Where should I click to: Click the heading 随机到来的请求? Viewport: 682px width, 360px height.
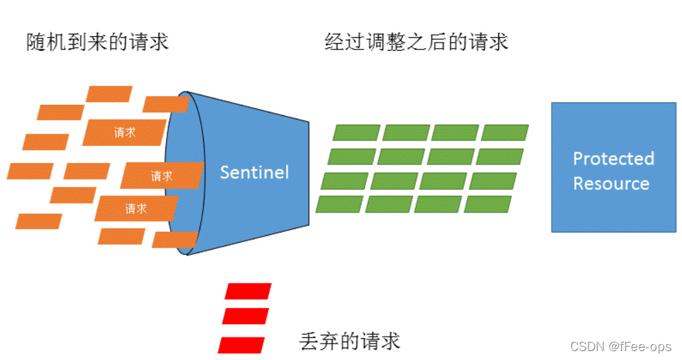(x=97, y=42)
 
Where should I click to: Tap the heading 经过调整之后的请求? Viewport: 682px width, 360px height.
(x=416, y=42)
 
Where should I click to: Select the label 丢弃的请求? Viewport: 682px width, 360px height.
(x=350, y=341)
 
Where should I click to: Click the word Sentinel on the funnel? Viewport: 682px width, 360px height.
(x=254, y=171)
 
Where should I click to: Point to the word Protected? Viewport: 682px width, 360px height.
(x=613, y=159)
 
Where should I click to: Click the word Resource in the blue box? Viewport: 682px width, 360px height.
(x=611, y=184)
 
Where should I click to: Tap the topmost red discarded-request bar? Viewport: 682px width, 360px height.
(x=248, y=291)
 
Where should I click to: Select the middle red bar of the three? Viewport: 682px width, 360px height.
(x=245, y=316)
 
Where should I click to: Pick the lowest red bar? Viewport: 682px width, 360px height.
(x=242, y=344)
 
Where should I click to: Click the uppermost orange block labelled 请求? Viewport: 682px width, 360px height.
(x=125, y=133)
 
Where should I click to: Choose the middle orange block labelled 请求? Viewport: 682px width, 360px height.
(x=163, y=176)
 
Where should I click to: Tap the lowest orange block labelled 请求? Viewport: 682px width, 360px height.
(x=136, y=208)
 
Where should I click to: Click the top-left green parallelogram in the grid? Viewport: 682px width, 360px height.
(x=356, y=132)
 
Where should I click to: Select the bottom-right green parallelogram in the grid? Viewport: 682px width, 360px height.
(x=488, y=204)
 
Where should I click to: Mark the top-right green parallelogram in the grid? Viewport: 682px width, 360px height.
(x=505, y=132)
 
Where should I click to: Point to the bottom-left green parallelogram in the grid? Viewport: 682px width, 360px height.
(x=340, y=204)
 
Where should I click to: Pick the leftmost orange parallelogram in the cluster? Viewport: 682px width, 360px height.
(x=30, y=171)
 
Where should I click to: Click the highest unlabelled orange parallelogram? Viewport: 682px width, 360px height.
(x=109, y=94)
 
